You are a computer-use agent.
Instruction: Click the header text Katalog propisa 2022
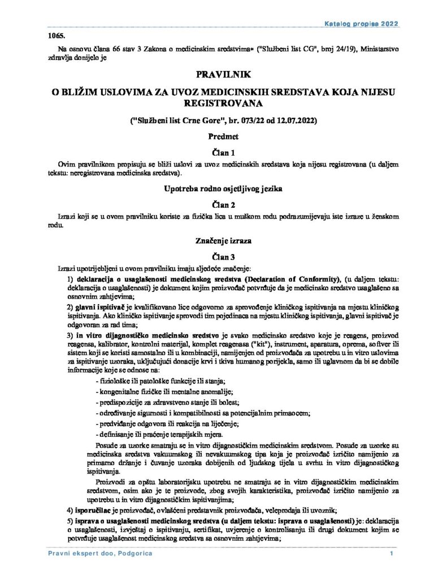coord(362,24)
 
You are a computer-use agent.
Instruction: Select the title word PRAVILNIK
coord(223,74)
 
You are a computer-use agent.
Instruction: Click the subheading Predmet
coord(223,136)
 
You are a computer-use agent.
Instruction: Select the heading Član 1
coord(223,152)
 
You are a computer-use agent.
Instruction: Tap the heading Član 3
coord(223,256)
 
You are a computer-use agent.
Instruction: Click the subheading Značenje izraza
coord(223,240)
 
